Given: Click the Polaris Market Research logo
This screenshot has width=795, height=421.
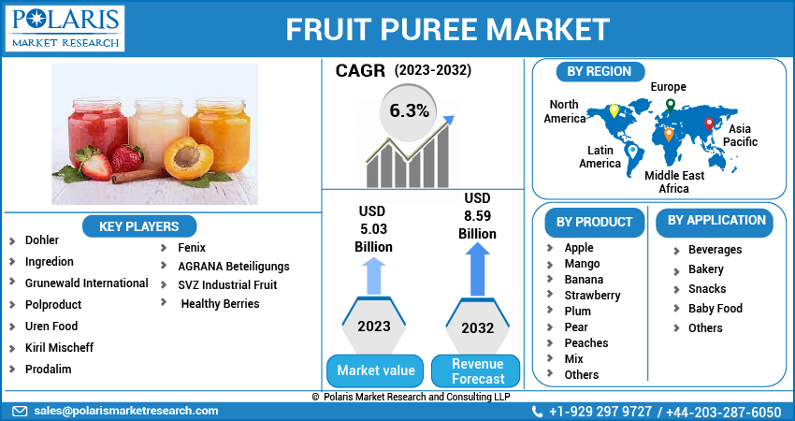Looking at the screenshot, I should coord(65,28).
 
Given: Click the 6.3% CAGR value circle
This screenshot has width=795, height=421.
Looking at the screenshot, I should coord(409,111).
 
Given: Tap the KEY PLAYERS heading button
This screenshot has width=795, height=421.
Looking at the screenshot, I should coord(138,225).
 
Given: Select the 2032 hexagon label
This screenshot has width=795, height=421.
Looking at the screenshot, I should coord(478,328).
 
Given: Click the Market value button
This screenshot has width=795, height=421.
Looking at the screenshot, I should coord(375,370).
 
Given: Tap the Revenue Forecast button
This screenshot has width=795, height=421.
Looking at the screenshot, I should coord(478,371).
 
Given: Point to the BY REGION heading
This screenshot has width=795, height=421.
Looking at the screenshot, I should coord(599,71).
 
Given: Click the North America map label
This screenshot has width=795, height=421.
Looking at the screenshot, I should coord(564,111).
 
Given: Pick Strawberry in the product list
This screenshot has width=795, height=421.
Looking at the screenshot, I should coord(592,295).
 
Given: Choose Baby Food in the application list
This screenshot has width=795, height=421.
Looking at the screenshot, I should coord(715,308).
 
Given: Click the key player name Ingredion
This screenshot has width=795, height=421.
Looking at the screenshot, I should coord(49,262).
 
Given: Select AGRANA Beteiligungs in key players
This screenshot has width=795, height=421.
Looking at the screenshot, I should coord(233,267).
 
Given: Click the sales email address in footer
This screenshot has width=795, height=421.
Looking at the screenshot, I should coord(126,411).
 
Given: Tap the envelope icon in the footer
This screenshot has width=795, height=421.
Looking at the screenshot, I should coord(20,411).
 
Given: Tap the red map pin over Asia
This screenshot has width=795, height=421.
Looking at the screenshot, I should coord(709,123).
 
